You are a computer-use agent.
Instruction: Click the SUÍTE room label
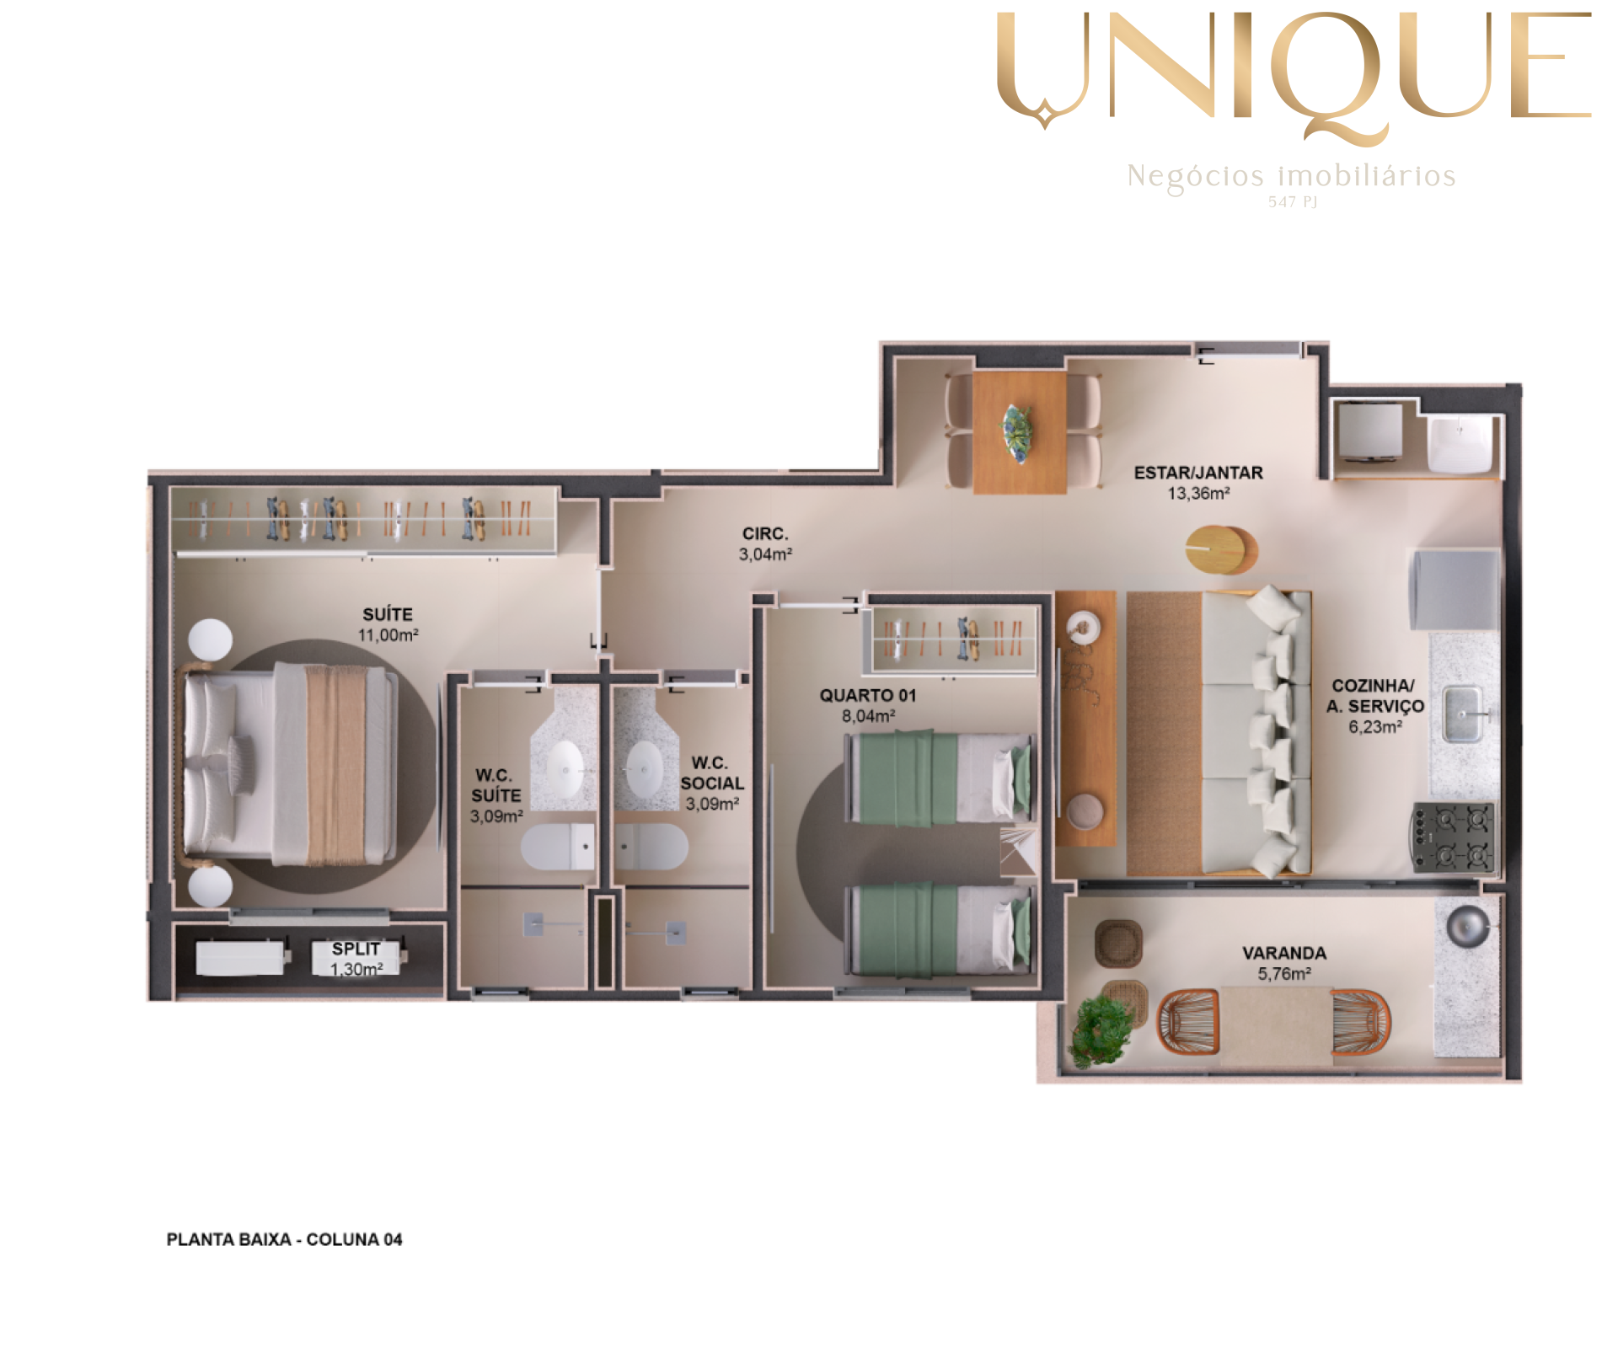pos(388,614)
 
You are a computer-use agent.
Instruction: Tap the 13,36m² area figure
pos(1198,494)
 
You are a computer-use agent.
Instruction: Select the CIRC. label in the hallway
pos(765,533)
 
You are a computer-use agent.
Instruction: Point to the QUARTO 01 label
pos(867,695)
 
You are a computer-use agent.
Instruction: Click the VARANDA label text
pos(1284,953)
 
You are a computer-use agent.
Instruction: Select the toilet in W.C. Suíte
pos(558,846)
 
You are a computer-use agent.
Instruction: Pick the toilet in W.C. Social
pos(651,846)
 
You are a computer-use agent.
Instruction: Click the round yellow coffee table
pos(1221,549)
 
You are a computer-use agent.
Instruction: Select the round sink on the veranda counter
pos(1468,925)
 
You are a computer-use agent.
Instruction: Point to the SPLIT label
pos(356,949)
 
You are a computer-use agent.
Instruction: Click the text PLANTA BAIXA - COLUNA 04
pos(284,1239)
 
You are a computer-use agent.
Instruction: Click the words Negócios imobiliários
pos(1291,175)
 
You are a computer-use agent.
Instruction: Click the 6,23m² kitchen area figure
pos(1375,726)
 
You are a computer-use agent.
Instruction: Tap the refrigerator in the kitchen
pos(1455,590)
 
